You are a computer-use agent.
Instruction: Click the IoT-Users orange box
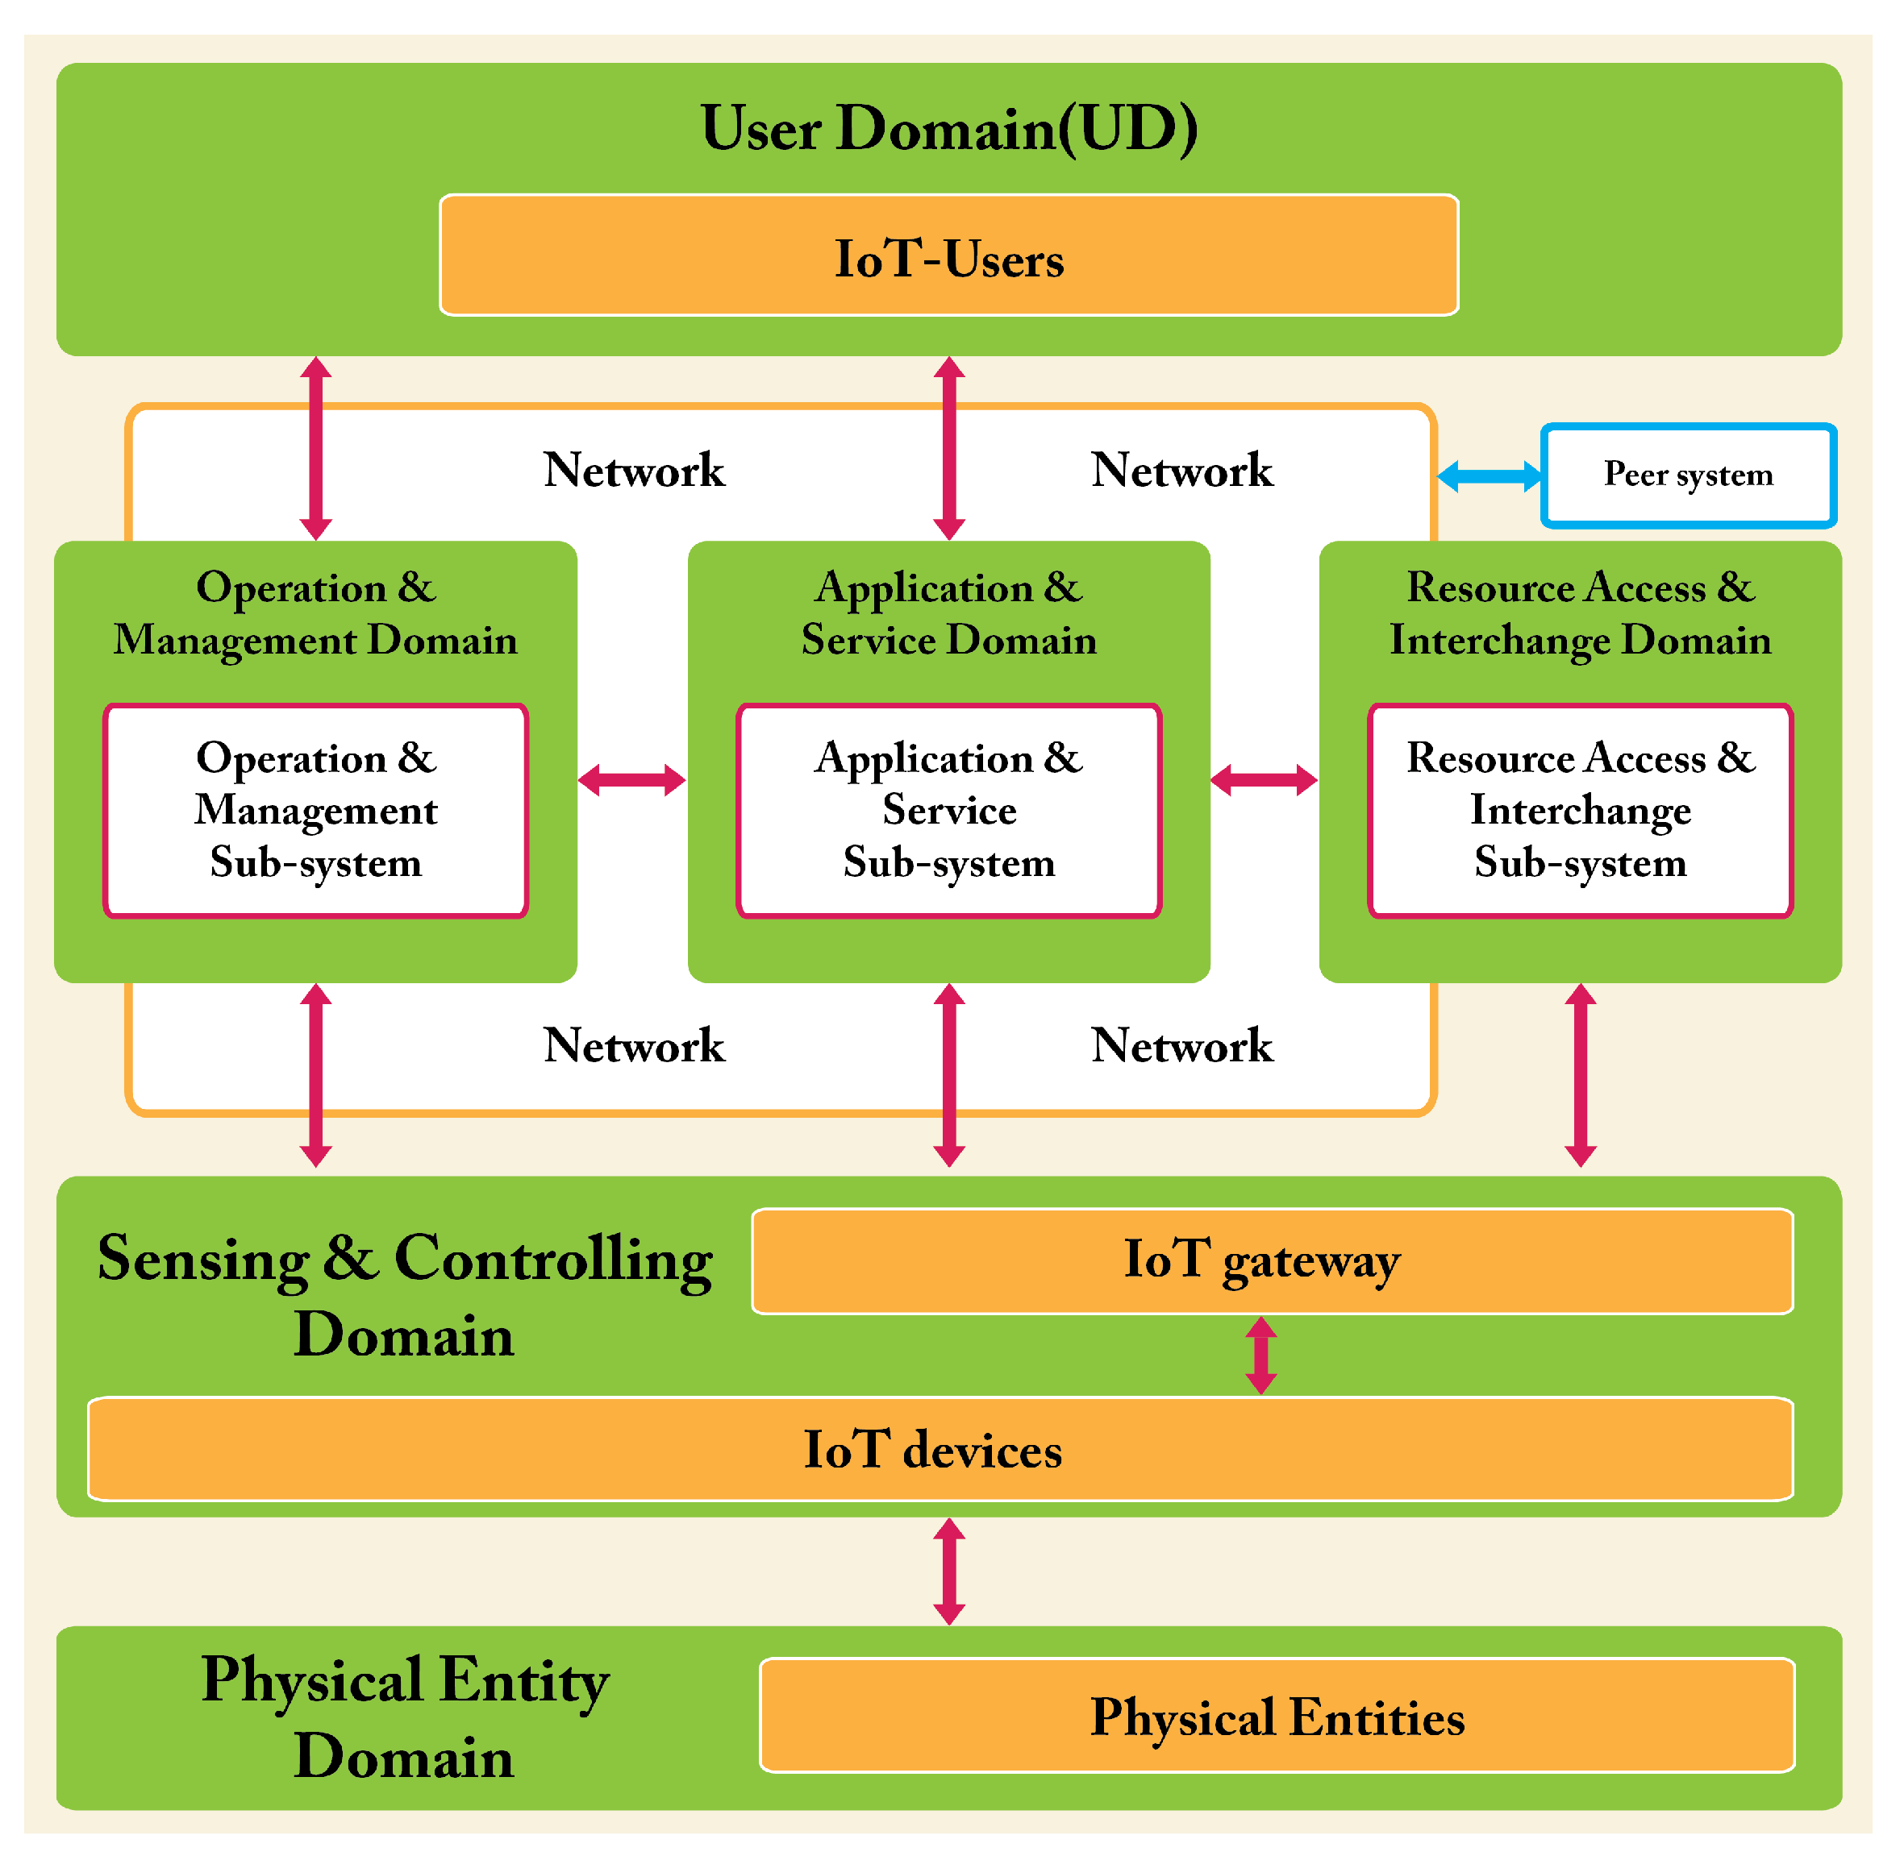948,256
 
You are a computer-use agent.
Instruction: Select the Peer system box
1688,475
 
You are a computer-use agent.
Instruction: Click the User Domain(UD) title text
948,129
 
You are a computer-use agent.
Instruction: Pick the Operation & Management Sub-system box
315,810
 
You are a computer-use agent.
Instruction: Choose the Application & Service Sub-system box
948,810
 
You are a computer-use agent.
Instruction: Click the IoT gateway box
1271,1260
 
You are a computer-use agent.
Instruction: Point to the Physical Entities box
1277,1716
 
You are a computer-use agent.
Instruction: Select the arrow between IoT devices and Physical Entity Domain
949,1571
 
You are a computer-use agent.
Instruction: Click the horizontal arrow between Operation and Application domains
632,779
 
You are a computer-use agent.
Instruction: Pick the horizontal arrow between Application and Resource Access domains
1264,779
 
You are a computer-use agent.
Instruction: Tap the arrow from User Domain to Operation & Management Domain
315,447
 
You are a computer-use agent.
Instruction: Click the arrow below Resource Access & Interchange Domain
1581,1074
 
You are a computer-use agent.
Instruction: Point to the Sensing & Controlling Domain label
404,1295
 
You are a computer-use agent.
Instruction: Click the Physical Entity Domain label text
404,1717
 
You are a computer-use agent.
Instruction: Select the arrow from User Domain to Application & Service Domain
949,447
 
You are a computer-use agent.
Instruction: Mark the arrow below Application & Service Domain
949,1074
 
